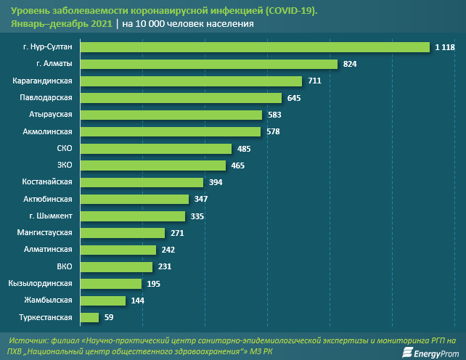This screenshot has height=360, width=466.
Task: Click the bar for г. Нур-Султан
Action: (254, 47)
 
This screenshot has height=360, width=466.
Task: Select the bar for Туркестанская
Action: (89, 317)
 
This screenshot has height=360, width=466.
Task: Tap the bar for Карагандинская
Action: (190, 81)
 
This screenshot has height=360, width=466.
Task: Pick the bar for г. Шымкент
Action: (132, 216)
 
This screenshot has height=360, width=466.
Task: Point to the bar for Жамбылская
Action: (102, 300)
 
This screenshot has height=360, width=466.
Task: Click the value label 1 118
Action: (444, 47)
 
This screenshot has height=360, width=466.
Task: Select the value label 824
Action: (350, 64)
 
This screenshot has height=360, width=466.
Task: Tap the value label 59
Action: (109, 317)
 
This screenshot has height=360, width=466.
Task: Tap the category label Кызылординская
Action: (41, 283)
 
